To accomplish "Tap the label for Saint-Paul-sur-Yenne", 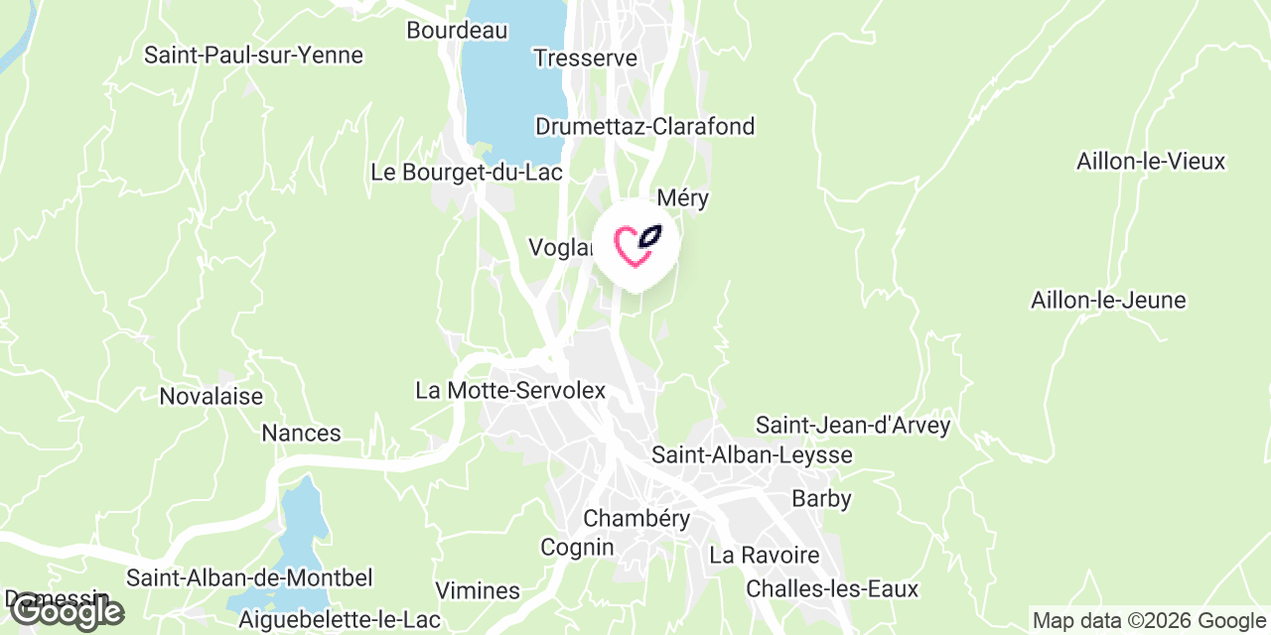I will click(253, 55).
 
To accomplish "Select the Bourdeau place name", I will click(457, 30).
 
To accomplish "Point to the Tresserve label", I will click(585, 58).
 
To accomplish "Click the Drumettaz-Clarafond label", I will click(644, 126).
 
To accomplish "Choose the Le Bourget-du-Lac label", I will click(467, 172).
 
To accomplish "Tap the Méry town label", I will click(683, 197).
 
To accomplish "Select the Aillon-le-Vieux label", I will click(1151, 161).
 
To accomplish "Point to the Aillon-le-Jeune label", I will click(1108, 300).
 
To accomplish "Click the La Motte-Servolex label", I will click(510, 390).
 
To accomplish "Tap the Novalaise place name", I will click(212, 396).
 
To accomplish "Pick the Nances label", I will click(301, 433).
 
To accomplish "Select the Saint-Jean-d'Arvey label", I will click(853, 425).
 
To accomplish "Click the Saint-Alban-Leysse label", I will click(752, 454).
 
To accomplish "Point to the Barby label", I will click(821, 497).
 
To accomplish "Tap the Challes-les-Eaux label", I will click(832, 588).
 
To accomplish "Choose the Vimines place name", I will click(478, 590).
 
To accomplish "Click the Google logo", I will click(66, 611).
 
